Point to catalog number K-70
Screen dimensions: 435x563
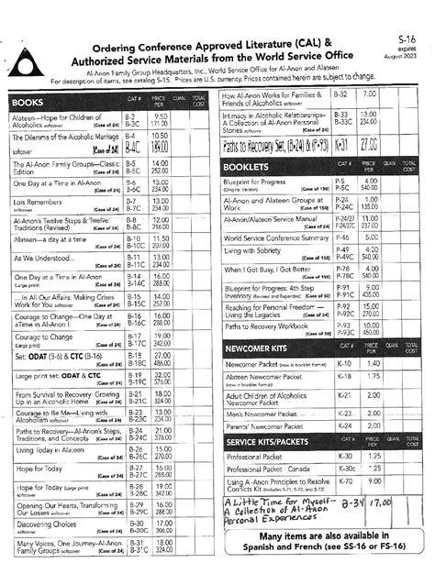click(x=345, y=481)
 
